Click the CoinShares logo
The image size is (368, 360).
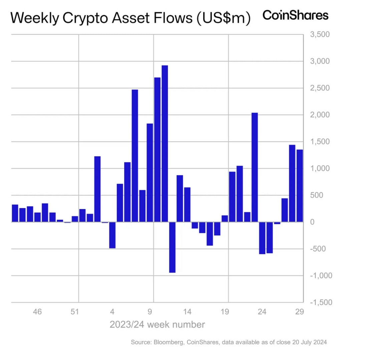(x=295, y=15)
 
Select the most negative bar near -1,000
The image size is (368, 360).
(x=172, y=247)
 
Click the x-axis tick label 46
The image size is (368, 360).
(x=37, y=312)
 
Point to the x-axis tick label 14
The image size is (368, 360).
(x=188, y=312)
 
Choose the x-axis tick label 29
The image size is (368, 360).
(x=300, y=312)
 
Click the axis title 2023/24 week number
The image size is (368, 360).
(x=157, y=324)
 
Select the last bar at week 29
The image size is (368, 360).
(x=300, y=186)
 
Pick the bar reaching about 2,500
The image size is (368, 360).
(x=135, y=156)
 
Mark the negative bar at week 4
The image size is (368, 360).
(x=112, y=235)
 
